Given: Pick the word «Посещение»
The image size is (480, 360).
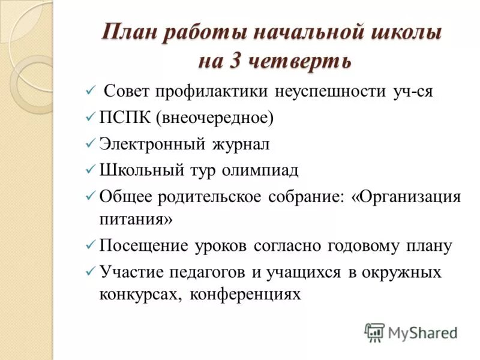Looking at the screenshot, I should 143,246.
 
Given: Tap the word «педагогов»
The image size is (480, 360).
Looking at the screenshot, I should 206,272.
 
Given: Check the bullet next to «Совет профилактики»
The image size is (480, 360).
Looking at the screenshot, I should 90,92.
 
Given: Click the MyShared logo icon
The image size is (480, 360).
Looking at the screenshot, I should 374,331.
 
